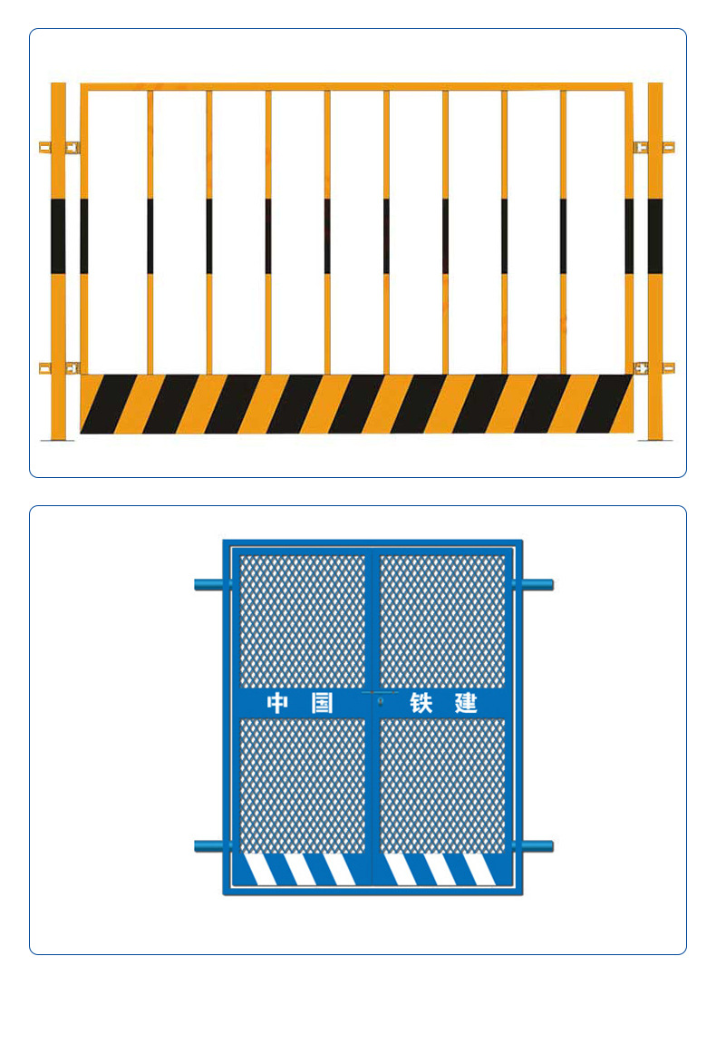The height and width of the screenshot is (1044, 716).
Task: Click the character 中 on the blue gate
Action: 276,703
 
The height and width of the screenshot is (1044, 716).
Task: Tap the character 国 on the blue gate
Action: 322,703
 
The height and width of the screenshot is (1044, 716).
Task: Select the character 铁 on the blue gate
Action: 421,703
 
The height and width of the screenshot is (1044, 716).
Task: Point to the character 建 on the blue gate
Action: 467,703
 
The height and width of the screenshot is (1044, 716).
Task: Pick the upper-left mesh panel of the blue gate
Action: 303,621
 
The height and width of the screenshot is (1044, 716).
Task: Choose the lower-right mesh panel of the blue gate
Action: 443,785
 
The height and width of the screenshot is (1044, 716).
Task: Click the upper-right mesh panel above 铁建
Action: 443,621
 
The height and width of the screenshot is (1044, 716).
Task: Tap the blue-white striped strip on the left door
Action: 302,870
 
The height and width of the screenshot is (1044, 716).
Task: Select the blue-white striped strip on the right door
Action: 443,870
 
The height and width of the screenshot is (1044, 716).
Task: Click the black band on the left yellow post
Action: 58,236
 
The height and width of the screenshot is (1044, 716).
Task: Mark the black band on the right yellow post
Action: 655,236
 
